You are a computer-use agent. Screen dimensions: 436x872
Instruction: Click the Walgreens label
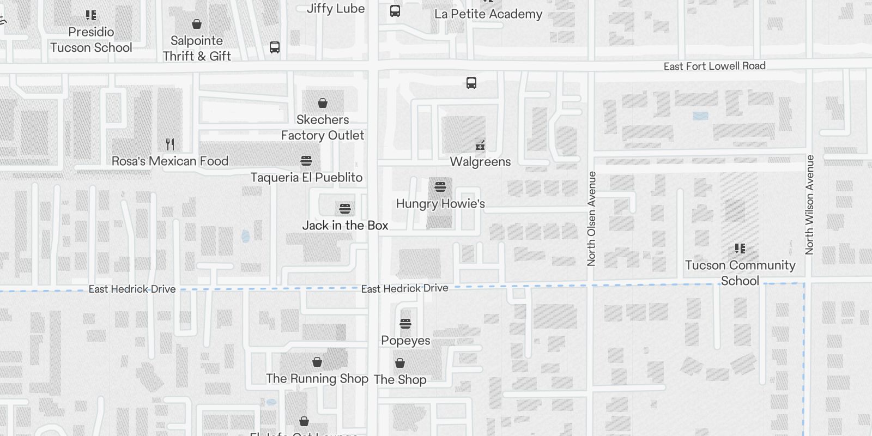click(x=480, y=162)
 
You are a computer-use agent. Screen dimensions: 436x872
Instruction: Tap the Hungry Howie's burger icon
click(x=440, y=187)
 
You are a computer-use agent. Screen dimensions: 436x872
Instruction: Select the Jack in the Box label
click(x=345, y=226)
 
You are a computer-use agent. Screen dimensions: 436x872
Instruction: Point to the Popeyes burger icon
click(x=405, y=324)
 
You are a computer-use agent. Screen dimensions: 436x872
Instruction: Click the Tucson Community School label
click(x=740, y=272)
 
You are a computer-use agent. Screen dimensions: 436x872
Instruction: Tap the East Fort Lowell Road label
click(x=714, y=66)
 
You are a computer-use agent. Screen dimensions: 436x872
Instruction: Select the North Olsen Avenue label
click(x=592, y=219)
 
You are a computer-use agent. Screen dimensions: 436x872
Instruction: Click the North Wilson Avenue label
click(x=809, y=204)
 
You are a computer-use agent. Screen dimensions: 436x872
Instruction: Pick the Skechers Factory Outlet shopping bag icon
click(x=323, y=102)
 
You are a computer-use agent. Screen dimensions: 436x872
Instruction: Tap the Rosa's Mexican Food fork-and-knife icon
click(x=170, y=144)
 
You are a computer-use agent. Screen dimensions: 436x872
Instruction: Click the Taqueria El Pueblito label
click(x=306, y=178)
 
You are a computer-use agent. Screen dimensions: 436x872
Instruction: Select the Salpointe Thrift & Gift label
click(x=197, y=48)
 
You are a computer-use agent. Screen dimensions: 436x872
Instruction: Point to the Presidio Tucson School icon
click(x=91, y=15)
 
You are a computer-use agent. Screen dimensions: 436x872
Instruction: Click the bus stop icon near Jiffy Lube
click(x=395, y=11)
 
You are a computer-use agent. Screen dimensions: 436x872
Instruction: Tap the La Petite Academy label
click(x=488, y=14)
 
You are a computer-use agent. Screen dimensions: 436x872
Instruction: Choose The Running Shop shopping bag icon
click(x=317, y=362)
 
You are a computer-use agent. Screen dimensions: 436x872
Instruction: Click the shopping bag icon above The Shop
click(x=400, y=363)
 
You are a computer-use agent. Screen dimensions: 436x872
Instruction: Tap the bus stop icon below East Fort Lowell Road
click(x=471, y=83)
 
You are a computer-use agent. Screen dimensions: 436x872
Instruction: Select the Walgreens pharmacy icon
click(x=480, y=145)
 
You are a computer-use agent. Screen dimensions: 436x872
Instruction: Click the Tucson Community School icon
click(x=740, y=249)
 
